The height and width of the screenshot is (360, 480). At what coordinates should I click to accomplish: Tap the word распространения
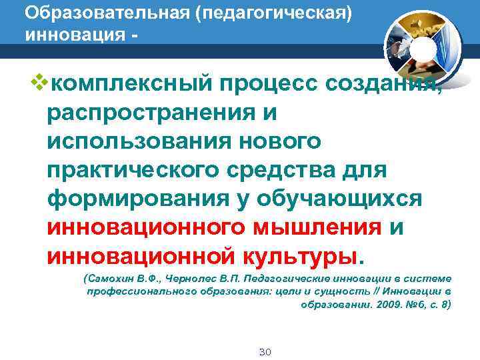point(151,113)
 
